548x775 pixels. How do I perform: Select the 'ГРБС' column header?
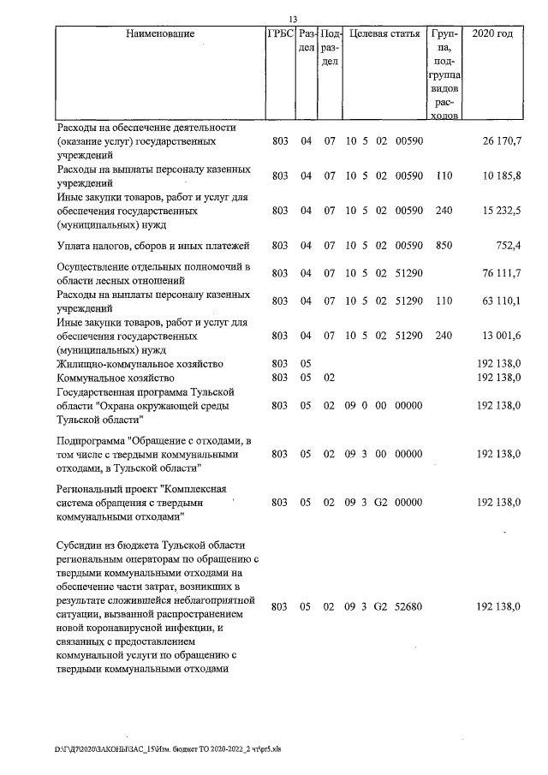[x=280, y=34]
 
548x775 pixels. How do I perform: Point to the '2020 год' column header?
[x=492, y=34]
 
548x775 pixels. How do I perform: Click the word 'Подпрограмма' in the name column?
[x=93, y=440]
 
